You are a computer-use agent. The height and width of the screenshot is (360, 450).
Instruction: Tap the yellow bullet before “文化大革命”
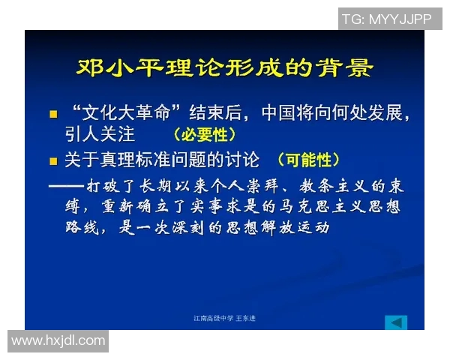53,115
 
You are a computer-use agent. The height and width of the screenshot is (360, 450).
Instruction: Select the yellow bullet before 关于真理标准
53,160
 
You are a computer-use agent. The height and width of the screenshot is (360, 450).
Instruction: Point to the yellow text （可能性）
308,160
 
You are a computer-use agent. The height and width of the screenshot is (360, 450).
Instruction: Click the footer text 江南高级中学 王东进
224,319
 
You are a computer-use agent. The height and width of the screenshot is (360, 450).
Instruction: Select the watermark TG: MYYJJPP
388,19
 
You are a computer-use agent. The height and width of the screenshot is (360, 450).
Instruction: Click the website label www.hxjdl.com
58,340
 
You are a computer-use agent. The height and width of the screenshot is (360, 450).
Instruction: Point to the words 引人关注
99,135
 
